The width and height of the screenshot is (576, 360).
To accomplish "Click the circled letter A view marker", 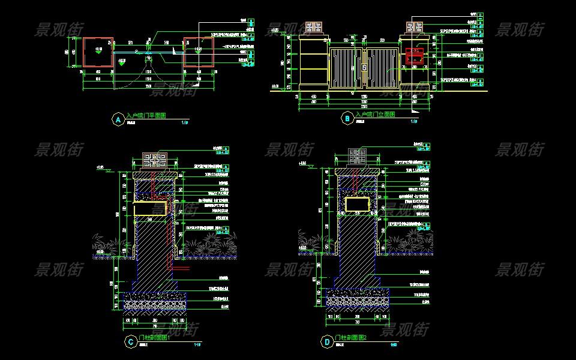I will pyautogui.click(x=118, y=119).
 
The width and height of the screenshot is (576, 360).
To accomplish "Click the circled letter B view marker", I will pyautogui.click(x=347, y=119).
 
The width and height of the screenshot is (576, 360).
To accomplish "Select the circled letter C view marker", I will pyautogui.click(x=130, y=343).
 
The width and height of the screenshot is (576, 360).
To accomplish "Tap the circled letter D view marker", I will pyautogui.click(x=327, y=343).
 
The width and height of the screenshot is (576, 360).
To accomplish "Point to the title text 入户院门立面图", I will pyautogui.click(x=375, y=115).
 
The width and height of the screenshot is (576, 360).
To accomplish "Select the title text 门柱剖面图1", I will pyautogui.click(x=155, y=338).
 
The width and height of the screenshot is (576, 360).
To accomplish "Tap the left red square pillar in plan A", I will pyautogui.click(x=98, y=52).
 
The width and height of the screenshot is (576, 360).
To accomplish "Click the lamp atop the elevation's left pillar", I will pyautogui.click(x=313, y=28).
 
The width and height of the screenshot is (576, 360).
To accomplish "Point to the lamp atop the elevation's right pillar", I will pyautogui.click(x=415, y=28).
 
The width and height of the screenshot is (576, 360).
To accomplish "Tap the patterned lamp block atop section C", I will pyautogui.click(x=155, y=160).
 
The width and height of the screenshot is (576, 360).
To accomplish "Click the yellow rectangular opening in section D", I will pyautogui.click(x=357, y=204).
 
